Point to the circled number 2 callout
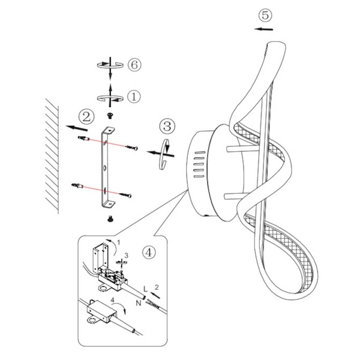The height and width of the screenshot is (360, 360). [88, 115]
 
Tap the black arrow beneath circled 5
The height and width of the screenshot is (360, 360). [263, 28]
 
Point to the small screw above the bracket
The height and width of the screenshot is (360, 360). [110, 114]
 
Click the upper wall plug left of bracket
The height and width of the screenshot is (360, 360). [83, 139]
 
